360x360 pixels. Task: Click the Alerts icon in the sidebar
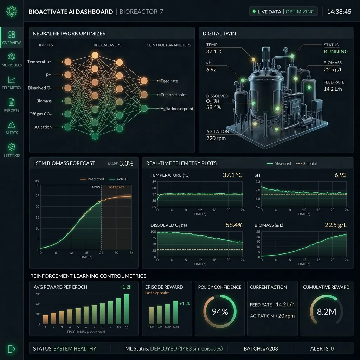click(x=12, y=125)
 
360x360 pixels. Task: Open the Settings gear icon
click(x=12, y=147)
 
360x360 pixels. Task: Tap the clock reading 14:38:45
click(x=339, y=12)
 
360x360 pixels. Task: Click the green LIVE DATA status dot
click(x=254, y=12)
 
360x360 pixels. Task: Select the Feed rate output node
click(x=144, y=81)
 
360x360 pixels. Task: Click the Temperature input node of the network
click(x=68, y=62)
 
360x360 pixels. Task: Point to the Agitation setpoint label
click(x=177, y=109)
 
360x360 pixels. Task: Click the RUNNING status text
click(x=336, y=51)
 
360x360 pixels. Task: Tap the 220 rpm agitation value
click(x=216, y=138)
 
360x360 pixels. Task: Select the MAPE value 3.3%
click(x=126, y=163)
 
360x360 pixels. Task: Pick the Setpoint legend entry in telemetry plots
click(x=306, y=163)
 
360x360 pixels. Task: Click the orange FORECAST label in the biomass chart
click(x=116, y=187)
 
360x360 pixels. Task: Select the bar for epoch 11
click(x=127, y=309)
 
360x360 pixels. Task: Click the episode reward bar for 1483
click(x=176, y=312)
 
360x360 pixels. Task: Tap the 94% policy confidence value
click(x=220, y=311)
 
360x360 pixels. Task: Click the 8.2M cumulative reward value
click(x=326, y=311)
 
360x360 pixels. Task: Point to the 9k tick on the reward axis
click(x=38, y=294)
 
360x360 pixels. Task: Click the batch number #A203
click(x=270, y=348)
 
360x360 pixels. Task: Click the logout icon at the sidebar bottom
click(x=12, y=349)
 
